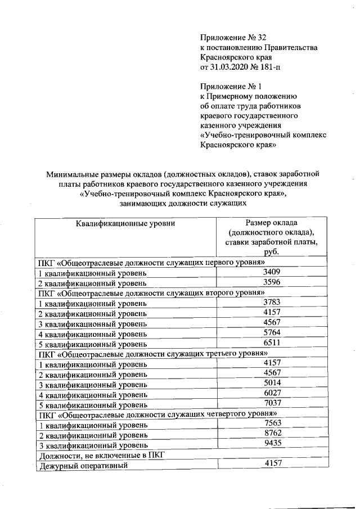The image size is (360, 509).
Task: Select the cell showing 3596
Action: tap(271, 282)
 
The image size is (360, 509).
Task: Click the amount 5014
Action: tap(271, 384)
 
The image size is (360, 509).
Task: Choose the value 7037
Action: tap(271, 403)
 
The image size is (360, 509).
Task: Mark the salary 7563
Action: tap(271, 424)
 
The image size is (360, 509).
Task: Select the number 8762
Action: tap(271, 433)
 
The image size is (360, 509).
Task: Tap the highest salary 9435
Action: tap(271, 443)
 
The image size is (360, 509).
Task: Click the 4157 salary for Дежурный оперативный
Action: tap(271, 463)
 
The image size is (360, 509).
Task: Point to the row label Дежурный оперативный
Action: tap(83, 466)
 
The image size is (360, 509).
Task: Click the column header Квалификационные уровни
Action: tap(126, 224)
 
